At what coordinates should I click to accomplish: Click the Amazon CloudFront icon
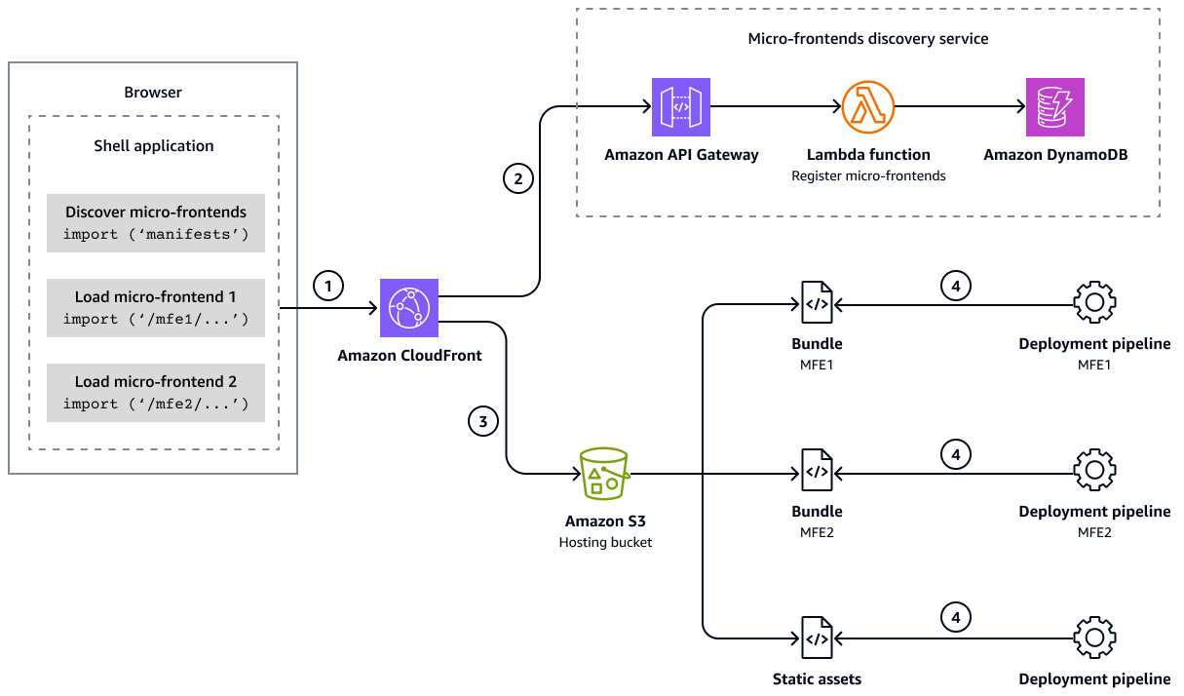coord(409,308)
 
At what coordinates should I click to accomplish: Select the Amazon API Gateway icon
coord(681,106)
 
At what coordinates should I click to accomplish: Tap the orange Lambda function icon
coord(868,106)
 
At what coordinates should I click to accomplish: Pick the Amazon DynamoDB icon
coord(1054,106)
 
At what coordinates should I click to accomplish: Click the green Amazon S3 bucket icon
coord(604,475)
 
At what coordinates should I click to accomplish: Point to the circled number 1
coord(329,287)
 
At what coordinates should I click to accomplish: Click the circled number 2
coord(518,178)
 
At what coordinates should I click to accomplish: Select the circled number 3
coord(483,421)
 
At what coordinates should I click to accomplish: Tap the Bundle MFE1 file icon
coord(817,303)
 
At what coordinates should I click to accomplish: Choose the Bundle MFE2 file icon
coord(817,471)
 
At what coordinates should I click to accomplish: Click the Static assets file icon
coord(817,638)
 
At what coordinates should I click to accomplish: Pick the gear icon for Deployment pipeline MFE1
coord(1094,303)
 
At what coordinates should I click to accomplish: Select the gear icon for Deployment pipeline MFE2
coord(1094,471)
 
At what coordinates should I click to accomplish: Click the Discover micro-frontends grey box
coord(156,223)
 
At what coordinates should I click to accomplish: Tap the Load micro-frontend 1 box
coord(156,308)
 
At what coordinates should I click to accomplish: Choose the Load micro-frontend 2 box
coord(156,393)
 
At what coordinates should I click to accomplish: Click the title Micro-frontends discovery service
coord(867,39)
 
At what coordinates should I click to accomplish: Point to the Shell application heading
coord(154,146)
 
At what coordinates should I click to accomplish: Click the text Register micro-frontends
coord(868,176)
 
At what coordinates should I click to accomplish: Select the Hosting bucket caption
coord(605,542)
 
